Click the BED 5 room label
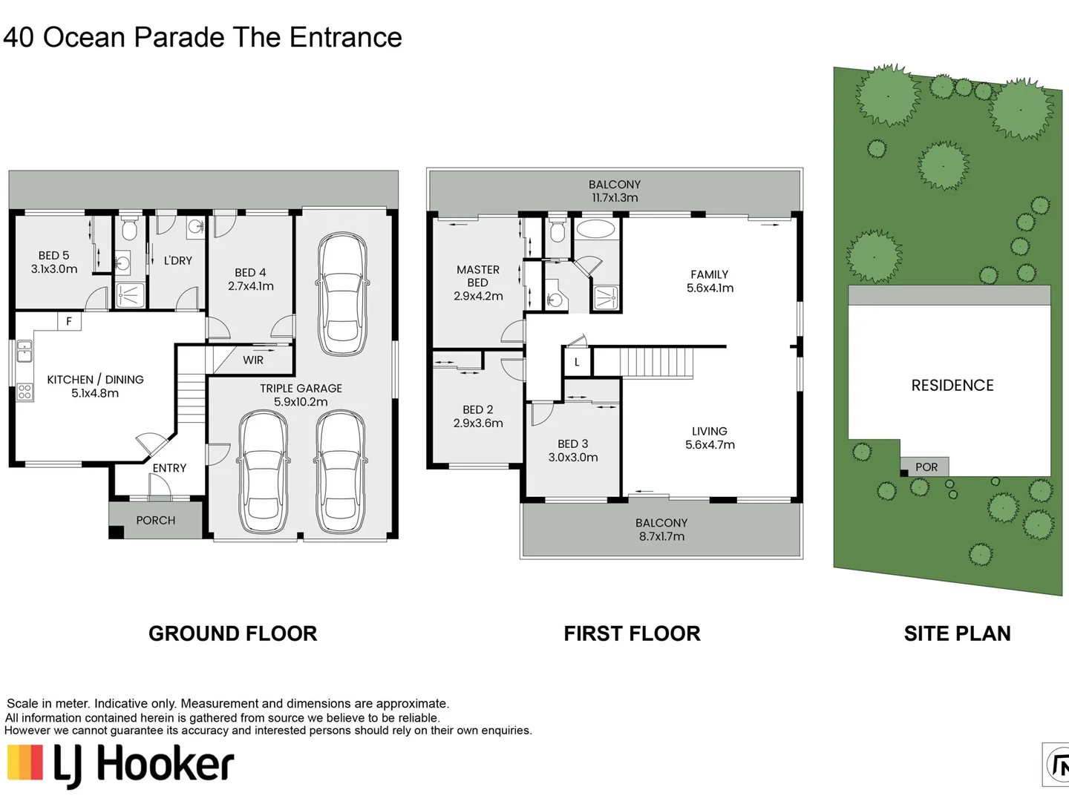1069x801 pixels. [x=53, y=255]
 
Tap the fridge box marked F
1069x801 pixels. [x=69, y=321]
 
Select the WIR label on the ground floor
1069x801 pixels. [x=252, y=360]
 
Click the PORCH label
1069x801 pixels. [x=155, y=521]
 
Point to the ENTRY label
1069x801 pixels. [x=169, y=468]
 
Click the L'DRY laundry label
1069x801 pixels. [x=177, y=260]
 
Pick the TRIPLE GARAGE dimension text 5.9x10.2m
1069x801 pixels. [x=301, y=402]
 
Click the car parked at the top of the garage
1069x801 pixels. [x=342, y=294]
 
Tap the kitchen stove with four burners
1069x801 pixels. [x=24, y=392]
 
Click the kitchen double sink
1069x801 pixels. [x=24, y=351]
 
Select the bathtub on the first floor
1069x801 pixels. [x=595, y=228]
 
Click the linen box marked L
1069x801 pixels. [x=577, y=362]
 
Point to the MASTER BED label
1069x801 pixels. [x=478, y=276]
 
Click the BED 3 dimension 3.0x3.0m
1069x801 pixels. [x=572, y=457]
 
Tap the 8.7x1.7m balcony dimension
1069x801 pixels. [x=661, y=536]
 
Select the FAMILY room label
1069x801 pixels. [x=709, y=274]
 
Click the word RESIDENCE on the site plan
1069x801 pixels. [x=952, y=386]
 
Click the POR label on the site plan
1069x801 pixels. [x=926, y=467]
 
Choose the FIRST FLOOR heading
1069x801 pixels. [x=632, y=633]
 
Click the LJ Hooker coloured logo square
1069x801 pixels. [x=25, y=762]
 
